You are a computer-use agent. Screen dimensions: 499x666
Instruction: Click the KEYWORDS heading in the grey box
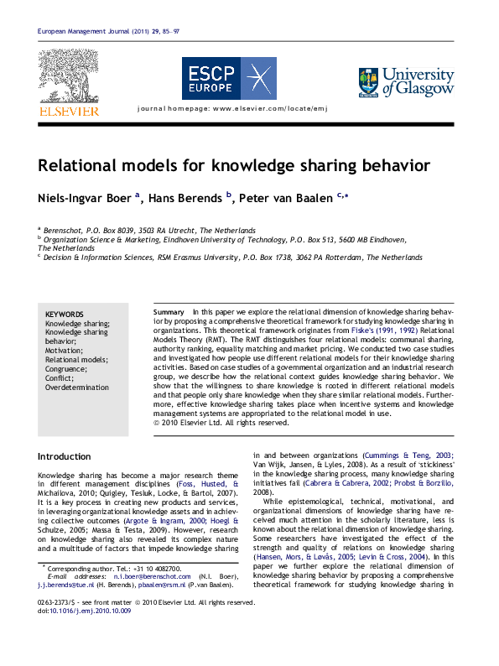coord(65,313)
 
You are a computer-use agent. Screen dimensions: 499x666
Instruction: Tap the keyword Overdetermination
coord(77,388)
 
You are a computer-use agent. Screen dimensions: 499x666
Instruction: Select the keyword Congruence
coord(66,369)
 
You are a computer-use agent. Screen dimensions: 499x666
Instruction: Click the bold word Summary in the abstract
coord(169,311)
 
